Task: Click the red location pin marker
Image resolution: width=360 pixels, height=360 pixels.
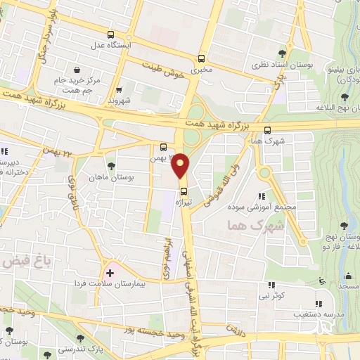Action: tap(181, 165)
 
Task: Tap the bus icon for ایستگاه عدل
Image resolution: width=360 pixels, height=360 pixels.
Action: tap(110, 34)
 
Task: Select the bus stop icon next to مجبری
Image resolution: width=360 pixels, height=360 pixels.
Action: tap(202, 59)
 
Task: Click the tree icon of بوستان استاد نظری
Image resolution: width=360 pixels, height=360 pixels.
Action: tap(282, 53)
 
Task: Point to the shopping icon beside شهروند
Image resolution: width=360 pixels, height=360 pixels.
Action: tap(118, 89)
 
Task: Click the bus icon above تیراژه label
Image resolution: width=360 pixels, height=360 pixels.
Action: tap(184, 191)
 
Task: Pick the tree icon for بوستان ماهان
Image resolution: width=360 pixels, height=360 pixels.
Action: tap(111, 165)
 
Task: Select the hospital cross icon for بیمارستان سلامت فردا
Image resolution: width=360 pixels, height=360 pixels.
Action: tap(110, 271)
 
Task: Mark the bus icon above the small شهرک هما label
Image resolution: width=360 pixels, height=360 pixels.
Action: tap(267, 129)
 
